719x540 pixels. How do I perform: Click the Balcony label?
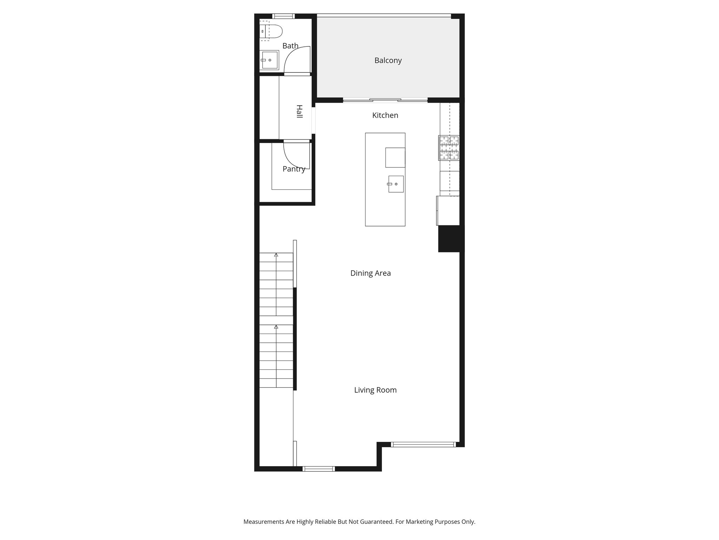point(388,60)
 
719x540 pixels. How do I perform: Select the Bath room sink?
point(269,60)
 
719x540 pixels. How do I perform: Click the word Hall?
point(299,111)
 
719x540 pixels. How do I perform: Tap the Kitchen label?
point(385,115)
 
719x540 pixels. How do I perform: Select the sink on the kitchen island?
point(396,184)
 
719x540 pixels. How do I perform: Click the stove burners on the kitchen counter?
point(449,148)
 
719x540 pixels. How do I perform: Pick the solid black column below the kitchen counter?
point(451,239)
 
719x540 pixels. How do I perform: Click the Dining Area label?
point(370,273)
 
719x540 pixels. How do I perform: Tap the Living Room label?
point(375,390)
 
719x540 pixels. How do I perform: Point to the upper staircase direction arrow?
point(276,255)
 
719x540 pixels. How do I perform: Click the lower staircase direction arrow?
point(276,327)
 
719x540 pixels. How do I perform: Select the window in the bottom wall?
point(319,469)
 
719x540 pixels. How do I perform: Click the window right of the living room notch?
point(423,444)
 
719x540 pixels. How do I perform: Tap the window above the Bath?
point(283,16)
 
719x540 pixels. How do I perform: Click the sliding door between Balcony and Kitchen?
point(385,100)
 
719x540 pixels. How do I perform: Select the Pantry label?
point(294,169)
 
